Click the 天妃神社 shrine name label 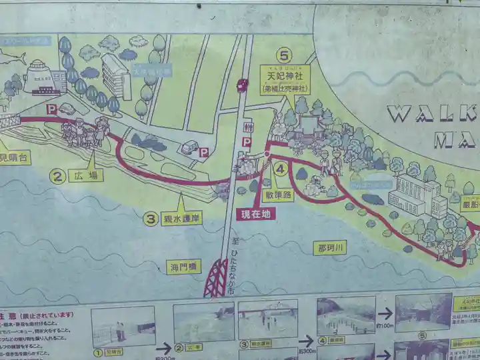coord(285,77)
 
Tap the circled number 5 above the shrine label coord(285,55)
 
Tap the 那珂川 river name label coord(331,247)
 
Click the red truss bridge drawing coord(216,278)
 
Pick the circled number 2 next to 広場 coord(59,177)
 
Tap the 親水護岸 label coord(182,218)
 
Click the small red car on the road coord(242,85)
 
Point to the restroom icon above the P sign coord(248,127)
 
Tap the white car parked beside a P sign coord(189,147)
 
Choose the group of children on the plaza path coord(85,131)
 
